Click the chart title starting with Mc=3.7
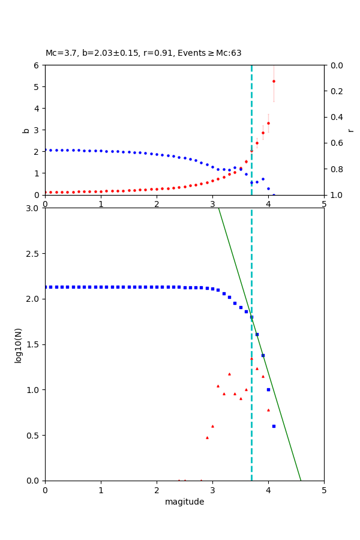(143, 53)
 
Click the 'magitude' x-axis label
(184, 502)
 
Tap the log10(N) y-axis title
(18, 344)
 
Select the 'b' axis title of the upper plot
(26, 130)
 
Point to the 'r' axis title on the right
(350, 130)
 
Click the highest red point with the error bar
(274, 81)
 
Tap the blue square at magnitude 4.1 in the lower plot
(274, 426)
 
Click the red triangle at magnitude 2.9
(207, 437)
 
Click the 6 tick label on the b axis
(38, 65)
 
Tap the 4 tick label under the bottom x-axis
(268, 490)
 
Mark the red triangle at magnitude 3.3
(229, 374)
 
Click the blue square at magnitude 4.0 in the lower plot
(268, 389)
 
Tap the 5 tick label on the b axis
(38, 86)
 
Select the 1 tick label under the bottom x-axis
(101, 490)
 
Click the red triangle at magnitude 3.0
(212, 426)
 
